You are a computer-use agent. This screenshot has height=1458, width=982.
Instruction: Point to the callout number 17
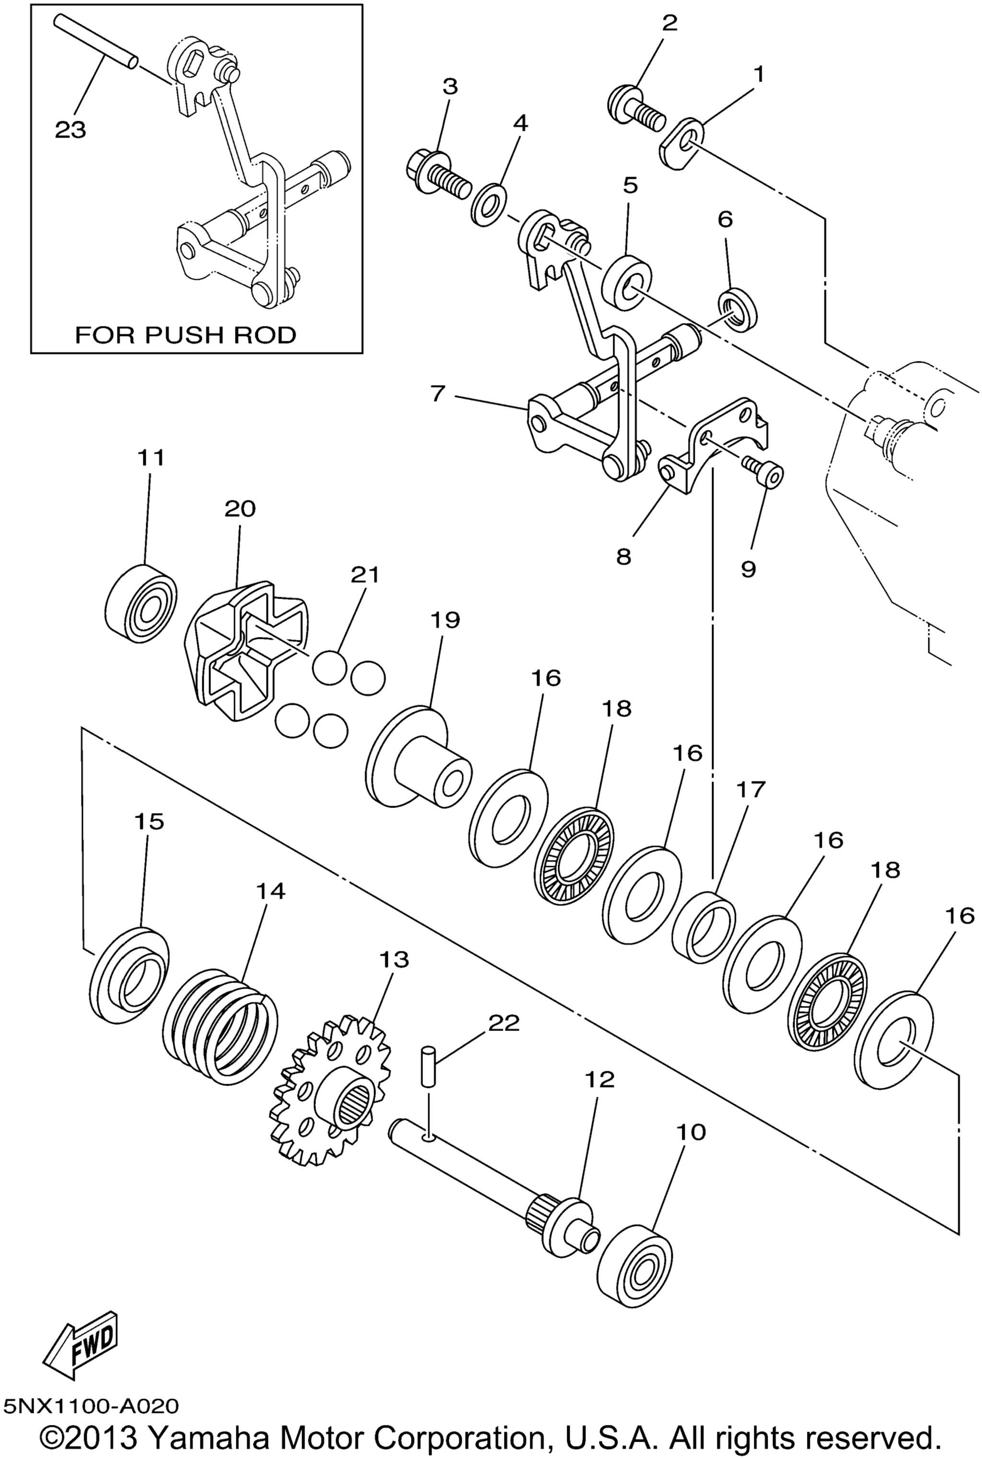coord(750,789)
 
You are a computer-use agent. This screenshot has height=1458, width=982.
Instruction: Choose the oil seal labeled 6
coord(737,309)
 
